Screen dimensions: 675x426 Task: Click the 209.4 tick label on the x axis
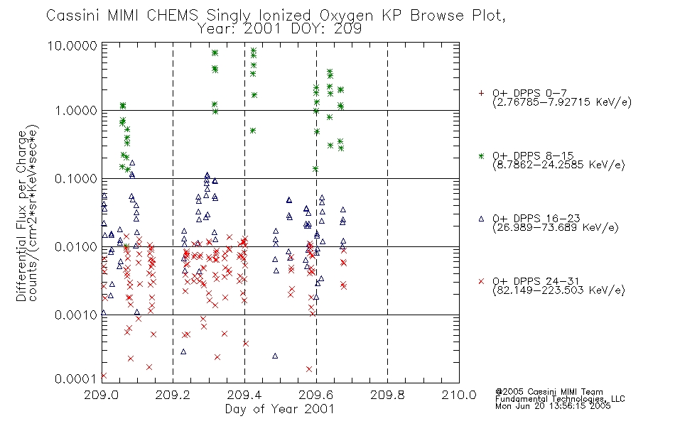click(244, 395)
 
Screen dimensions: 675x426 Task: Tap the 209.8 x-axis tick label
click(387, 395)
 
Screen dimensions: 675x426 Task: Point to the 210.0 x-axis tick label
click(459, 395)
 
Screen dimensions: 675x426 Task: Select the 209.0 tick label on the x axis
click(102, 395)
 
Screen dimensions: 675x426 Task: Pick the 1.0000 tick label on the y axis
click(76, 111)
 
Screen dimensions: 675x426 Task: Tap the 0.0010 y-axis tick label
click(76, 315)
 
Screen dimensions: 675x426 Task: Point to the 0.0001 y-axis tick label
click(76, 378)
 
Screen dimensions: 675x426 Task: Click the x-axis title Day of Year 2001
click(280, 409)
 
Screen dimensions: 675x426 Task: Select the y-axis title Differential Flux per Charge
click(21, 216)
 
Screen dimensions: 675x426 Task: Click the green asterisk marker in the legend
click(481, 155)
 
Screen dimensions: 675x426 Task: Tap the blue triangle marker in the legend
click(481, 219)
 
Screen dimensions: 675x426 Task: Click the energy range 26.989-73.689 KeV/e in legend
click(556, 228)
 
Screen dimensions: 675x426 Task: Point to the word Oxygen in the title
click(347, 16)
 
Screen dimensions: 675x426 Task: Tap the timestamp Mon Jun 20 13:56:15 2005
click(553, 406)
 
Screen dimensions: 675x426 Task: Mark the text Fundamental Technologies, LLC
click(560, 399)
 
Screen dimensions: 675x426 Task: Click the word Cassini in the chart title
click(72, 16)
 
